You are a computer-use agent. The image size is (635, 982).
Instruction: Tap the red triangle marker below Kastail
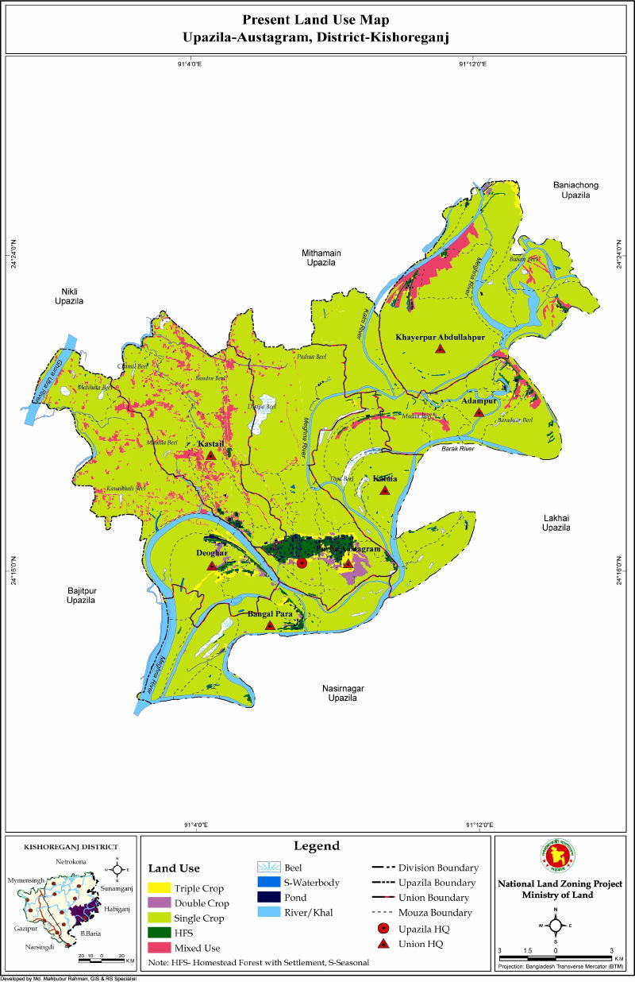pyautogui.click(x=210, y=455)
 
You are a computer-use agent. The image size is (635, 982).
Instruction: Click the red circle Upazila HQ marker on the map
pyautogui.click(x=302, y=563)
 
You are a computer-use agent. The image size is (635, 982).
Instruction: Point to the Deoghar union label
pyautogui.click(x=212, y=552)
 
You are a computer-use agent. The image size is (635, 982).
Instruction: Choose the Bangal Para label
pyautogui.click(x=271, y=613)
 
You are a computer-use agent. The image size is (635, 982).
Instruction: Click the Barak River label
pyautogui.click(x=457, y=449)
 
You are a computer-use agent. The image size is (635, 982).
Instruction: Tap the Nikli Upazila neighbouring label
pyautogui.click(x=69, y=296)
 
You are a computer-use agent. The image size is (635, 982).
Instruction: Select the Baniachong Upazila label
pyautogui.click(x=576, y=190)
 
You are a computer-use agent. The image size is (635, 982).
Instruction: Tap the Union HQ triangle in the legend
pyautogui.click(x=383, y=943)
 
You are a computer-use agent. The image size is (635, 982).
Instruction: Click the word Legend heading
pyautogui.click(x=317, y=846)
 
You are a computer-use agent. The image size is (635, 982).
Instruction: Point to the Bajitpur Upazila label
pyautogui.click(x=81, y=595)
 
